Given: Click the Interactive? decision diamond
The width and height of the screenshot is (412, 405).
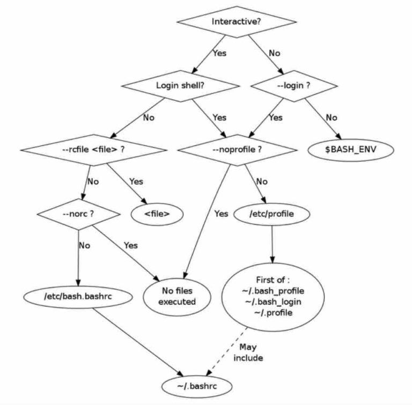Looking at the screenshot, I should (236, 21).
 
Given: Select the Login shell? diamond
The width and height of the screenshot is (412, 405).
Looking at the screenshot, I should (180, 85).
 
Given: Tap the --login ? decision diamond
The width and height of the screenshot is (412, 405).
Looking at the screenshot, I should (295, 85).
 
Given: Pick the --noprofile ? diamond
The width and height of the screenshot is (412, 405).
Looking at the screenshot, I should (237, 149).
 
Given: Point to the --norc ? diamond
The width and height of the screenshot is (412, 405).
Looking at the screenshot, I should (78, 213).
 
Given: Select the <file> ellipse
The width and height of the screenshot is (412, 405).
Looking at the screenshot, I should (157, 214).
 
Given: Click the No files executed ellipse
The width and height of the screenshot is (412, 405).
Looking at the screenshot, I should (176, 296).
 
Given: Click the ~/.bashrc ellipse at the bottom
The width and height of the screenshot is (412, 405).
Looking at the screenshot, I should (197, 386).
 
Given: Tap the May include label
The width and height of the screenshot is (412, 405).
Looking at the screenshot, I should (248, 352).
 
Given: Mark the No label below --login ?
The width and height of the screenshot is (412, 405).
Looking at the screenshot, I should (332, 117).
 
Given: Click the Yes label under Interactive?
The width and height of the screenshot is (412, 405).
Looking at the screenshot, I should (219, 53).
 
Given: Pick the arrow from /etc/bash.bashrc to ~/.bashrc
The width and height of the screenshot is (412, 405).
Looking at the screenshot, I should (139, 343).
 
